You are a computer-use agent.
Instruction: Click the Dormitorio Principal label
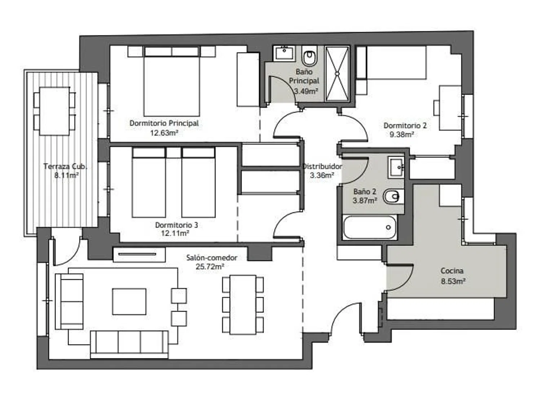[x=164, y=123]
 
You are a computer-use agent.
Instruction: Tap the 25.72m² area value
[x=210, y=266]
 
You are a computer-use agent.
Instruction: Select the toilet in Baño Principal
[x=309, y=56]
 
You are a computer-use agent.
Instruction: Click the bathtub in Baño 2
[x=369, y=227]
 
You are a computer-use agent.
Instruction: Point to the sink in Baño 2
[x=396, y=167]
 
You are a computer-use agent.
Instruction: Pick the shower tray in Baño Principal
[x=337, y=74]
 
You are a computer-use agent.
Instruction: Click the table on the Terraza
[x=54, y=111]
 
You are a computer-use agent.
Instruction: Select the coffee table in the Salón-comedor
[x=129, y=301]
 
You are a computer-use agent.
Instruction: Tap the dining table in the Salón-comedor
[x=243, y=305]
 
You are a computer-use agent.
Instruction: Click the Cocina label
[x=452, y=271]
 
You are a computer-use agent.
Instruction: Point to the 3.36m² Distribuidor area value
[x=322, y=175]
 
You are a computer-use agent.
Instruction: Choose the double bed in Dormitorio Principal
[x=172, y=81]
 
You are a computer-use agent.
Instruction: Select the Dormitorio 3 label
[x=176, y=225]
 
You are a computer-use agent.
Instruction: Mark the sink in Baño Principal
[x=284, y=53]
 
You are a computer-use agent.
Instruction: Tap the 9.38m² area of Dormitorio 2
[x=401, y=134]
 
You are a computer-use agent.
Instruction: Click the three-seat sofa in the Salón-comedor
[x=129, y=344]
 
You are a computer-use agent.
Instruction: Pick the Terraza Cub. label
[x=65, y=166]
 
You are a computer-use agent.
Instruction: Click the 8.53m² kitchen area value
[x=453, y=281]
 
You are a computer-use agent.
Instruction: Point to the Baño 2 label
[x=365, y=191]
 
